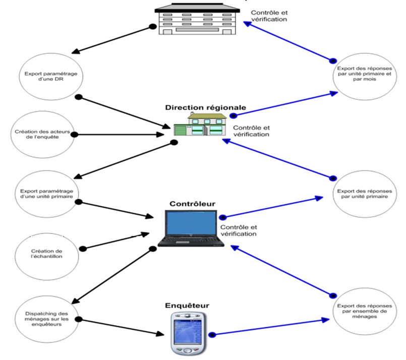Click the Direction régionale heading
(x=205, y=107)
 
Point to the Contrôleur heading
(x=192, y=204)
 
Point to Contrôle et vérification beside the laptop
(x=238, y=230)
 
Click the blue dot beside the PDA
(x=212, y=334)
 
